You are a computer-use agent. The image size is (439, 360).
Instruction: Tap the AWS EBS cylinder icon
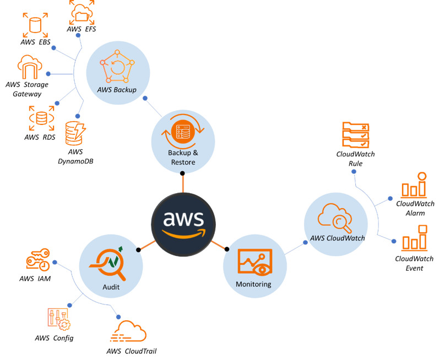tap(35, 25)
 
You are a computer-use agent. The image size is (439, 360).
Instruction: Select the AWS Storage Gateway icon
tap(30, 67)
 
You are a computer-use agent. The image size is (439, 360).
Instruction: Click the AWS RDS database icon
tap(41, 118)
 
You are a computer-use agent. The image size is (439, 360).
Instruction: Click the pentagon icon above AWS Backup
tap(117, 67)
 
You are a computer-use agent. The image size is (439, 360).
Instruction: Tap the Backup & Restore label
tap(183, 157)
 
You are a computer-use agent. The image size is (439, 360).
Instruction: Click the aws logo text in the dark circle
tap(183, 219)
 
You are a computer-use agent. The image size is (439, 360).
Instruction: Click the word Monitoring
tap(253, 284)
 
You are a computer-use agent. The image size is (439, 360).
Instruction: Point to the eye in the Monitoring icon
tap(262, 269)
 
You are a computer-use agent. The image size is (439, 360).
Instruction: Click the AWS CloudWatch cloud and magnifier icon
tap(335, 218)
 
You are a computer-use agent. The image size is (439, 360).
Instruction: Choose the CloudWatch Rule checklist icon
tap(356, 135)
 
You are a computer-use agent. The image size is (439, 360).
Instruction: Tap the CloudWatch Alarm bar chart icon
tap(414, 184)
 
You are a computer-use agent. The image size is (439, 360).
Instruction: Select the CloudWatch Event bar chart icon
tap(415, 238)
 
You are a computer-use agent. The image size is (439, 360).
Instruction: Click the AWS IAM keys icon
tap(38, 260)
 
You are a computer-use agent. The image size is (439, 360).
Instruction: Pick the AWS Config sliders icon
tap(59, 319)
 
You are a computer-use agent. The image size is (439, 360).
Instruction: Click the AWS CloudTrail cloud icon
tap(128, 331)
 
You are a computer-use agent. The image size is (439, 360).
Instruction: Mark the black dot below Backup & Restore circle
tap(182, 173)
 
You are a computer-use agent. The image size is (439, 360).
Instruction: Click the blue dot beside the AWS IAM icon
tap(55, 263)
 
